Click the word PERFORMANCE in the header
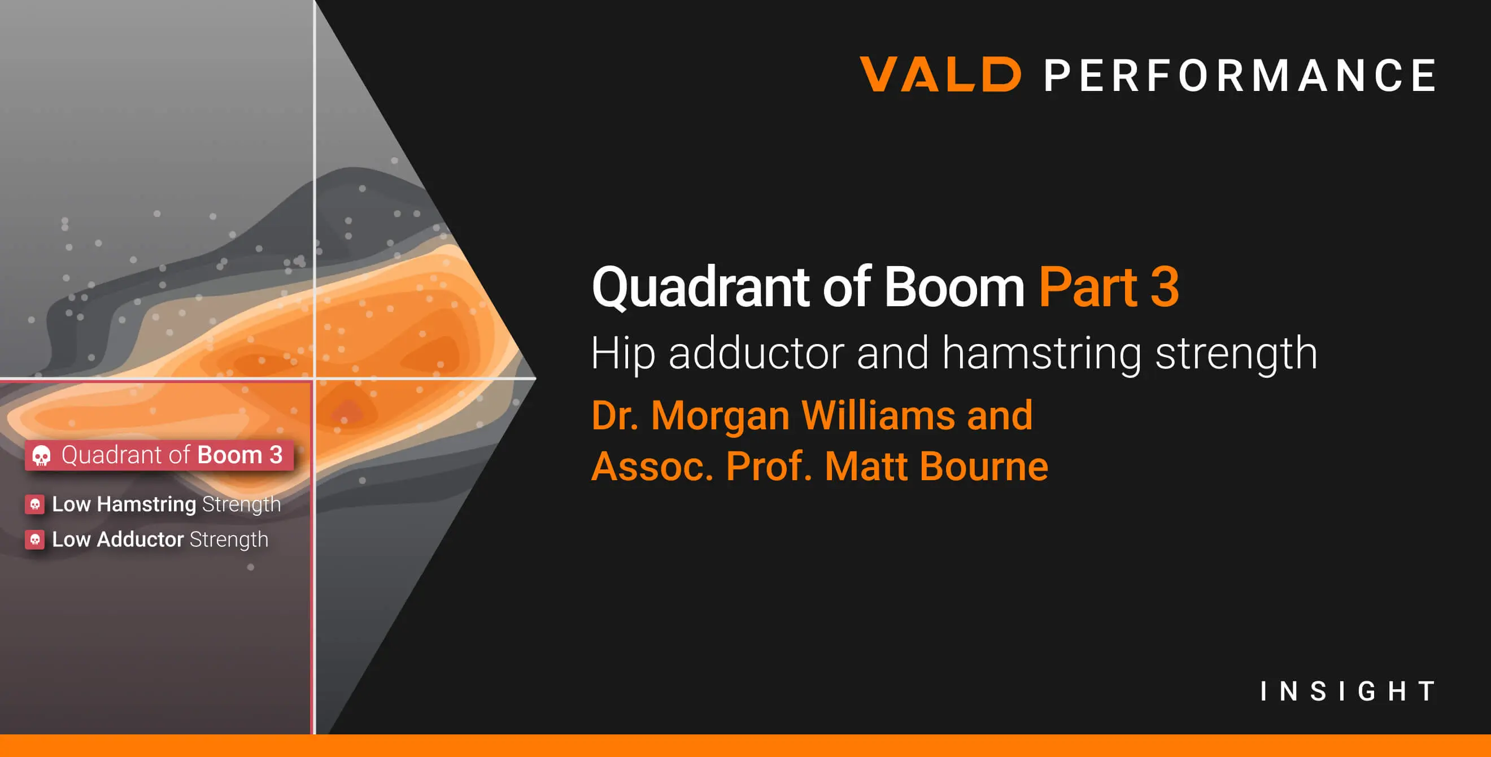pyautogui.click(x=1239, y=75)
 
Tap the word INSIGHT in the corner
pyautogui.click(x=1348, y=691)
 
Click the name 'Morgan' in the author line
pyautogui.click(x=720, y=416)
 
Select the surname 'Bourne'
pyautogui.click(x=983, y=467)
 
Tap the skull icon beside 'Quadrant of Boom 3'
pyautogui.click(x=41, y=455)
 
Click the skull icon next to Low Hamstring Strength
pyautogui.click(x=34, y=504)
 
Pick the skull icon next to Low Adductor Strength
pyautogui.click(x=34, y=540)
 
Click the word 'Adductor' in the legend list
pyautogui.click(x=140, y=540)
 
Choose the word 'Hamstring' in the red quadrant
pyautogui.click(x=146, y=504)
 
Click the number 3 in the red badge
pyautogui.click(x=276, y=455)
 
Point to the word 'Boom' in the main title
pyautogui.click(x=954, y=288)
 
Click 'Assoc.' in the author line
pyautogui.click(x=652, y=467)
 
